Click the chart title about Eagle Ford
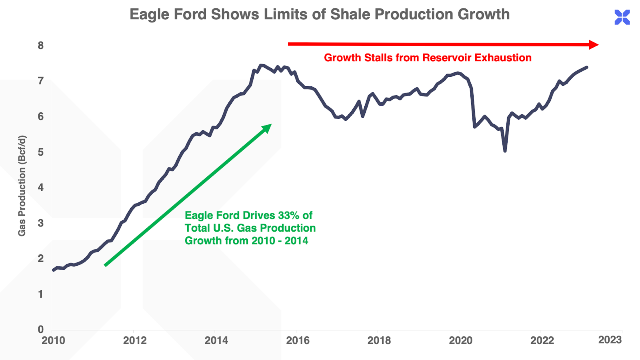[x=320, y=14]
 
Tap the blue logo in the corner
[x=622, y=17]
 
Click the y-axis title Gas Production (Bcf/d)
[x=22, y=186]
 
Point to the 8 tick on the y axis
[x=41, y=46]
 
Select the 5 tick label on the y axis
[x=41, y=152]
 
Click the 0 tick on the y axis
[x=41, y=330]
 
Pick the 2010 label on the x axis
[x=53, y=340]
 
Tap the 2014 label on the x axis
[x=216, y=340]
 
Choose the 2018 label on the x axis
[x=379, y=340]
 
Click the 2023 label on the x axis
[x=610, y=340]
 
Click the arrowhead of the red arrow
[x=594, y=44]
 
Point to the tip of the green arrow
[x=270, y=125]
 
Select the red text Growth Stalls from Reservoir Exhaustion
[x=428, y=58]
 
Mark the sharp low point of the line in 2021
[x=505, y=151]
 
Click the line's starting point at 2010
[x=54, y=270]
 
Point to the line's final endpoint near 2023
[x=586, y=67]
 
